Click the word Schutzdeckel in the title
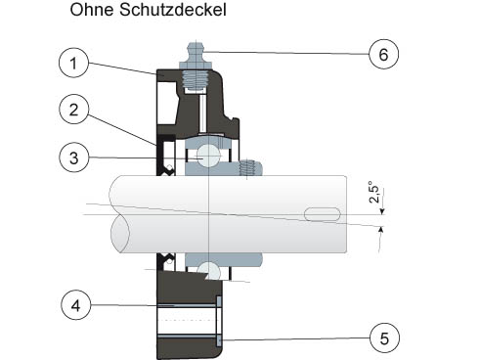(x=173, y=10)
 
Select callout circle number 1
(x=73, y=63)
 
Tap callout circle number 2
(x=73, y=110)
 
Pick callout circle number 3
(x=73, y=157)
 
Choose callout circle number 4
(x=75, y=305)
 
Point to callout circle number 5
(x=384, y=338)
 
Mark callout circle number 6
(x=384, y=54)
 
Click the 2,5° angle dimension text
(x=374, y=192)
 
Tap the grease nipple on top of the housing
(x=196, y=66)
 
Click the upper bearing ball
(x=208, y=156)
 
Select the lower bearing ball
(x=208, y=271)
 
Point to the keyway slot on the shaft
(x=323, y=214)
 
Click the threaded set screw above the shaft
(x=249, y=167)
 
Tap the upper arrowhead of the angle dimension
(x=382, y=211)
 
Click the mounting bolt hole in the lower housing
(x=187, y=321)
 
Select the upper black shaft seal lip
(x=166, y=155)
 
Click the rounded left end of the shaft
(x=120, y=214)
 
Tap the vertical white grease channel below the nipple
(x=202, y=113)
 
